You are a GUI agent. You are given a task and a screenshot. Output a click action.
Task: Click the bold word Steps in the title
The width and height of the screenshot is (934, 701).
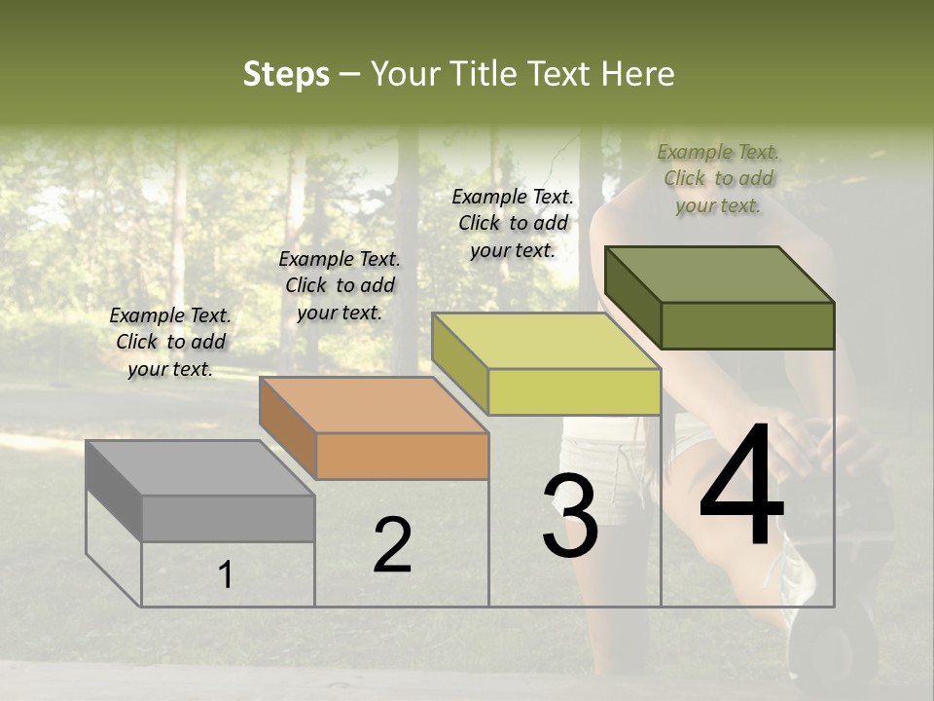286,74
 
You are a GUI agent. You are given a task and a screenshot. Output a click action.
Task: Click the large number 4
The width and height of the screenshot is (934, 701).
741,489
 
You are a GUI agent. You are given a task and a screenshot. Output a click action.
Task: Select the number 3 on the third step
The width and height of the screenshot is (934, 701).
570,517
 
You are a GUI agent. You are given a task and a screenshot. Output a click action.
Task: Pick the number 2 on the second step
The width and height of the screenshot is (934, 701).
392,546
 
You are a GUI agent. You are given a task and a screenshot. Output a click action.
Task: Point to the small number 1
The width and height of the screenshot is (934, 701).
226,575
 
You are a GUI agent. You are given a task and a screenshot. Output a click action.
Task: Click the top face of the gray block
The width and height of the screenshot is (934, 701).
199,468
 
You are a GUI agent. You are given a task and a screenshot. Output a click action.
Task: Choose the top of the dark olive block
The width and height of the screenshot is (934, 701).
720,275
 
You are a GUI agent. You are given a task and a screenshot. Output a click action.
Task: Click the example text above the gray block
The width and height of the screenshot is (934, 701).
170,342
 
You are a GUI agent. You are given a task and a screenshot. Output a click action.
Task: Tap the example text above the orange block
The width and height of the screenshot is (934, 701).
340,285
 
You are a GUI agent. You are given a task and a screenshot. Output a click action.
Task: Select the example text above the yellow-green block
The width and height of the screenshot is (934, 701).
513,223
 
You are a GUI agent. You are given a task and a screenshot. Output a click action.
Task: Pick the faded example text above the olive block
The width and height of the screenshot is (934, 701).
718,178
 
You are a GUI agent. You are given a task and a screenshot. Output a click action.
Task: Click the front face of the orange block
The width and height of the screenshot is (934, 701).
402,456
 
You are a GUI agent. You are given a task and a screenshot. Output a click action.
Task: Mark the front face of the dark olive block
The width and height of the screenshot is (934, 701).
747,325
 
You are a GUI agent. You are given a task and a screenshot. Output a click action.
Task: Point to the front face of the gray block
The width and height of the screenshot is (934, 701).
228,518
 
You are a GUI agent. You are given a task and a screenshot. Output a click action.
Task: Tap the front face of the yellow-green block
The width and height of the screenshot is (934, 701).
574,391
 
